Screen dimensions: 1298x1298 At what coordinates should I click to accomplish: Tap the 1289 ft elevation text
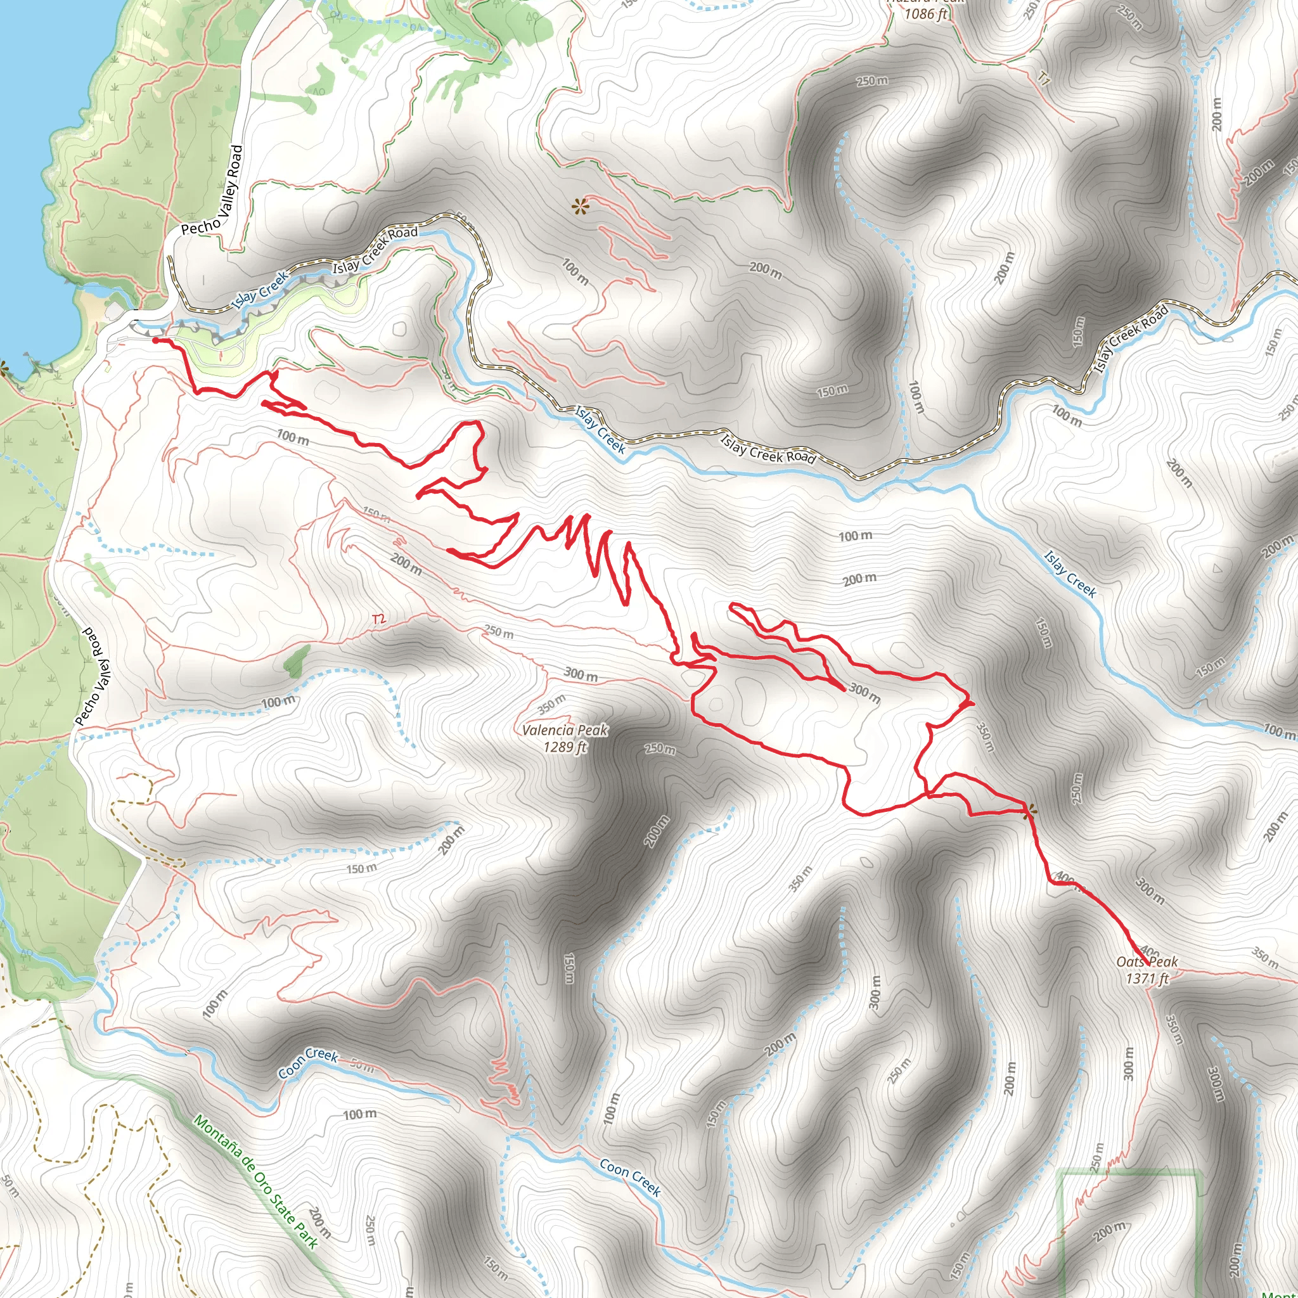[x=565, y=747]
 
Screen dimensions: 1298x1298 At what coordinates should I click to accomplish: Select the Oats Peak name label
[x=1147, y=962]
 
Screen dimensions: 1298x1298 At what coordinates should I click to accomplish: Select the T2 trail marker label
[x=379, y=618]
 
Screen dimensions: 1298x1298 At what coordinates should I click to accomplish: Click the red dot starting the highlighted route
[x=155, y=340]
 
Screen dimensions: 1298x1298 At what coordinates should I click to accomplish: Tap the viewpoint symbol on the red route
[x=1028, y=812]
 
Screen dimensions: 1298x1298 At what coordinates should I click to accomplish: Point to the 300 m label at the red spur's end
[x=864, y=692]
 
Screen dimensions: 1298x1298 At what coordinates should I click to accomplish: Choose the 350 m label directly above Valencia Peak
[x=552, y=705]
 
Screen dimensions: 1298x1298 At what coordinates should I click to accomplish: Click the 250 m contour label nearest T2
[x=499, y=633]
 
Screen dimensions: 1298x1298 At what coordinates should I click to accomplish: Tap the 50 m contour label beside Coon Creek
[x=362, y=1065]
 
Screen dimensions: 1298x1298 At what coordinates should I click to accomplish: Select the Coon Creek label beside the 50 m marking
[x=309, y=1062]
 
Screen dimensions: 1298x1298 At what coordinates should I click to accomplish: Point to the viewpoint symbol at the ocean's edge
[x=3, y=366]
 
